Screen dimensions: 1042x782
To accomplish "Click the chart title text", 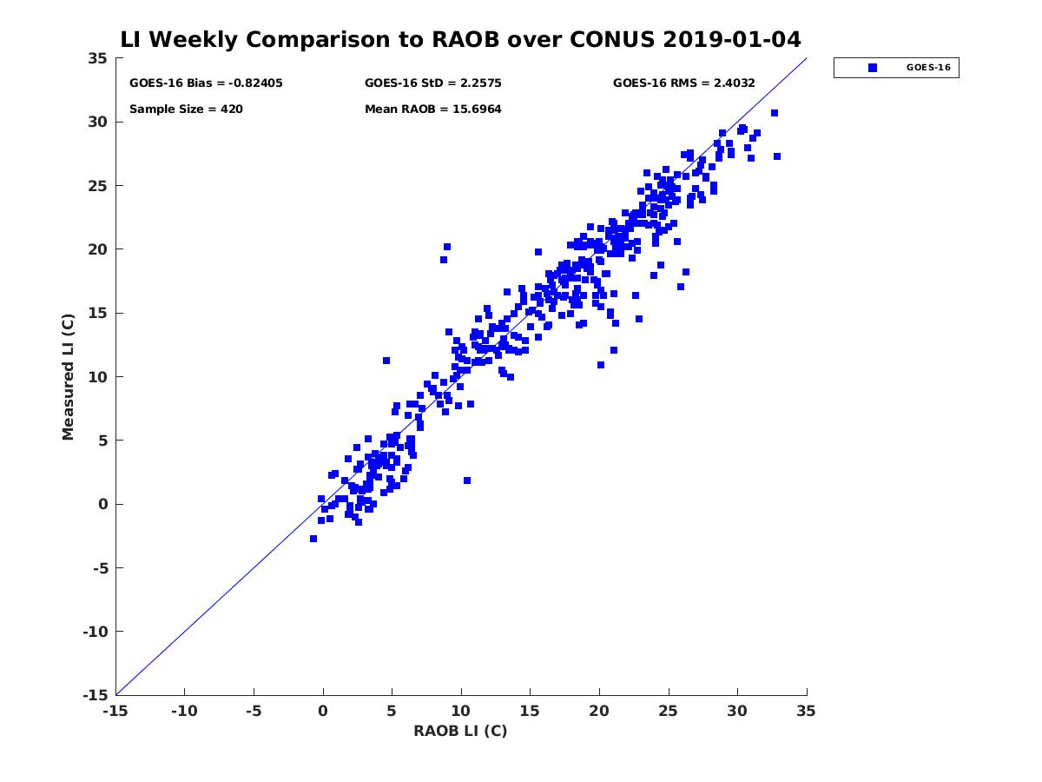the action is (x=460, y=39).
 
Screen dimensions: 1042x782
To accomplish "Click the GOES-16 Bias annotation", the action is (x=206, y=83).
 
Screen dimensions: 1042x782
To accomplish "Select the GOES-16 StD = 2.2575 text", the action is (x=432, y=83).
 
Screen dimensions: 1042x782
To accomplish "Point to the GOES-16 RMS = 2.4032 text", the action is (x=683, y=83).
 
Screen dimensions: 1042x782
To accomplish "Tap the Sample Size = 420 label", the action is (x=186, y=109).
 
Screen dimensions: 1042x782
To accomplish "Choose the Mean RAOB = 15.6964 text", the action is (x=432, y=109).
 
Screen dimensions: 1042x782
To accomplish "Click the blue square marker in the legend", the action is (x=873, y=68).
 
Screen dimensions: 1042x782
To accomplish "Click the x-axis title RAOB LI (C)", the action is (x=460, y=731).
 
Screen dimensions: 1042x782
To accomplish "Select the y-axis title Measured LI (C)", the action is (x=68, y=377).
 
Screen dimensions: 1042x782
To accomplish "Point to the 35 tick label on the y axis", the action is (x=98, y=58).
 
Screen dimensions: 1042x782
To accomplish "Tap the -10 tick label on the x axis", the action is (x=184, y=711).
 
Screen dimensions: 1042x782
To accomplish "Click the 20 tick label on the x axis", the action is (x=599, y=711).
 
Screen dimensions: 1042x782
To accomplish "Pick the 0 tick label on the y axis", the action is (x=103, y=504).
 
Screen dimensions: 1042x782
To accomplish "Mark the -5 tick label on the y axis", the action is (x=101, y=568).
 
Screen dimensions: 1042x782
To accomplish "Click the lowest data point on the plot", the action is (x=313, y=539).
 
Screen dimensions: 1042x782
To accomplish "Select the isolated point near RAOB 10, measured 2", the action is (x=467, y=480).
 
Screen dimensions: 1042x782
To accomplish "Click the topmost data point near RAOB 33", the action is (x=775, y=113).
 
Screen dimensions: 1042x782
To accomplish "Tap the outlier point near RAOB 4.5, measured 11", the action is (x=386, y=361).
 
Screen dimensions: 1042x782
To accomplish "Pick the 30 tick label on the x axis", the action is (x=737, y=711).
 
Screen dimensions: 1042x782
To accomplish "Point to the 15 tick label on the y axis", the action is (x=98, y=314).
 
